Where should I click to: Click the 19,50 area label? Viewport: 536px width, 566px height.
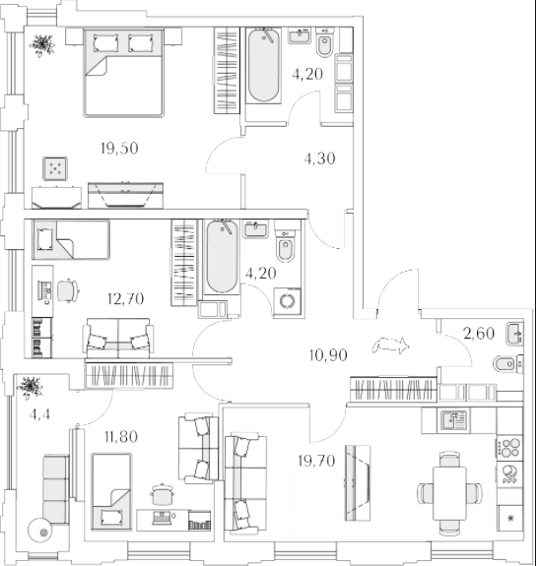tap(119, 149)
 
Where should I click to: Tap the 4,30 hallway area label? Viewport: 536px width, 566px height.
tap(320, 158)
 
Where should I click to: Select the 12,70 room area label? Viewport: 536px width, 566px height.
tap(125, 298)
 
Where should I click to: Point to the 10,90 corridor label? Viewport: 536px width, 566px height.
tap(328, 355)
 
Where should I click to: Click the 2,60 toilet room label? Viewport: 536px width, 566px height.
tap(479, 333)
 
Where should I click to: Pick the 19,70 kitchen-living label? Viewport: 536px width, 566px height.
tap(316, 461)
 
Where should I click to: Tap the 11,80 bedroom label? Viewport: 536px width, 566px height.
tap(121, 437)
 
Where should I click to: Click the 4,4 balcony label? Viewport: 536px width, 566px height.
tap(39, 414)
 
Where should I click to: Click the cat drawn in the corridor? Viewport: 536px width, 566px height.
tap(391, 346)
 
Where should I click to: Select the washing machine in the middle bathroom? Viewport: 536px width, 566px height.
tap(287, 301)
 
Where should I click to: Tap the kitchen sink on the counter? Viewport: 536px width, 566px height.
tap(453, 419)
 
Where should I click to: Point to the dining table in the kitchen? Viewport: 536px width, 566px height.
tap(449, 493)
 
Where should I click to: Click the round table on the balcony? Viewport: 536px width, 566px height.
tap(39, 531)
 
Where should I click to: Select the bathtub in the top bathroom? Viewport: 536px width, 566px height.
tap(264, 65)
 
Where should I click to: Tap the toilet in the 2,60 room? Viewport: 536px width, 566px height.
tap(507, 363)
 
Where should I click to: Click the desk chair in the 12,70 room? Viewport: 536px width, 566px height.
tap(68, 290)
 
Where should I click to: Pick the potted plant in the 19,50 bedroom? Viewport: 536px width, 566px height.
tap(42, 45)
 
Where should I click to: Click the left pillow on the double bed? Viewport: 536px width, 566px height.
tap(105, 43)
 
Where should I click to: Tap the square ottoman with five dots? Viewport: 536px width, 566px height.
tap(55, 168)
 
